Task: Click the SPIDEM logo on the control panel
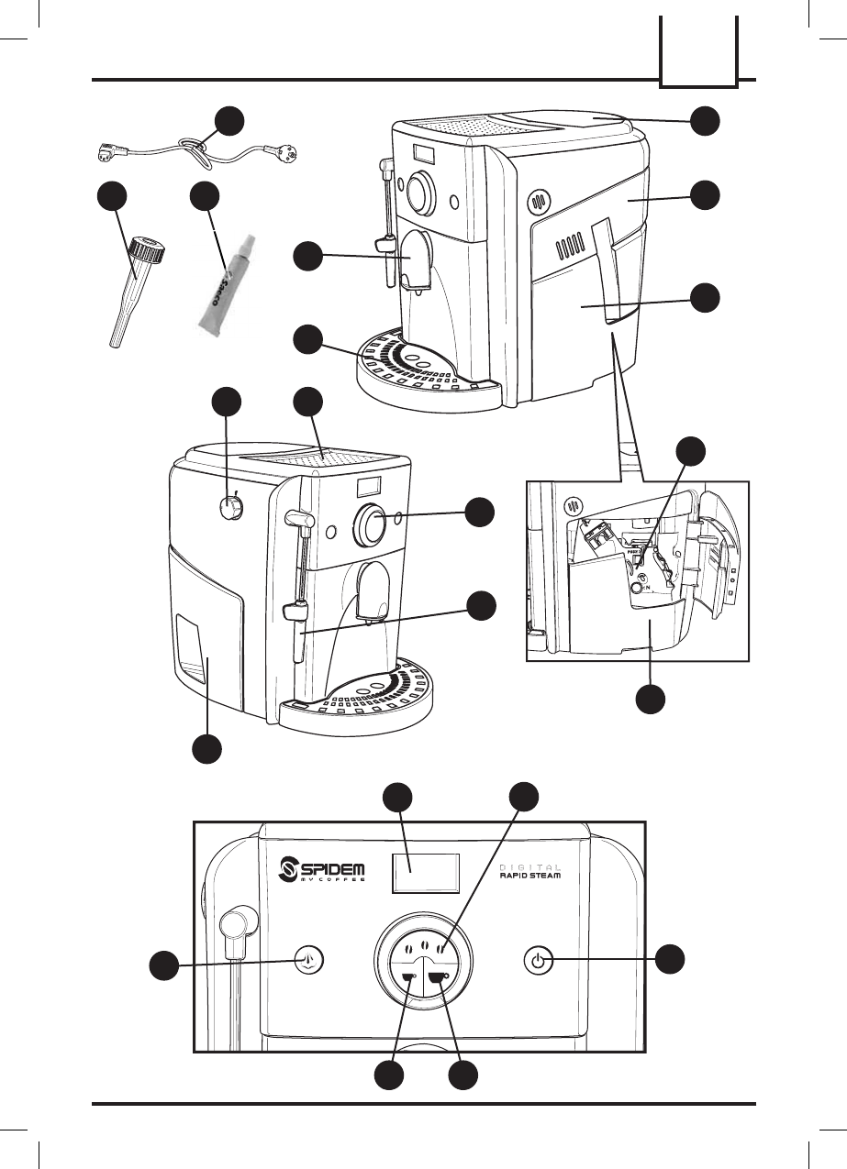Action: (322, 869)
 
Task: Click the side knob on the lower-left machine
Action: (231, 507)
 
